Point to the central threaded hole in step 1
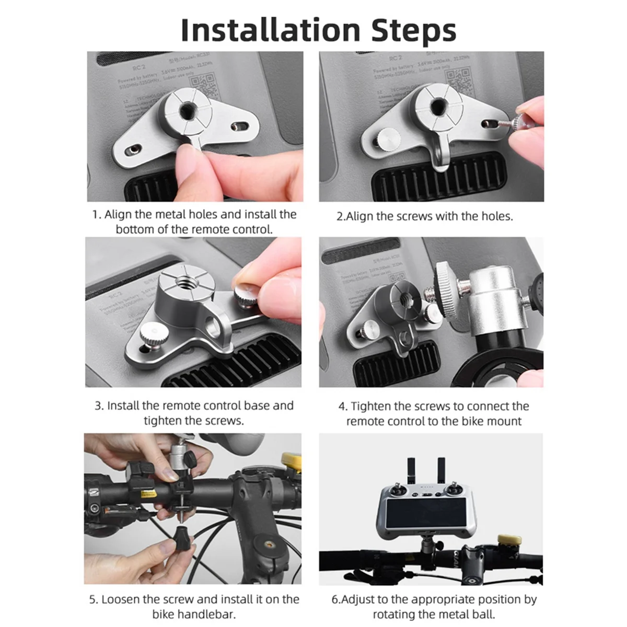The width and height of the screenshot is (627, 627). pos(187,110)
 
